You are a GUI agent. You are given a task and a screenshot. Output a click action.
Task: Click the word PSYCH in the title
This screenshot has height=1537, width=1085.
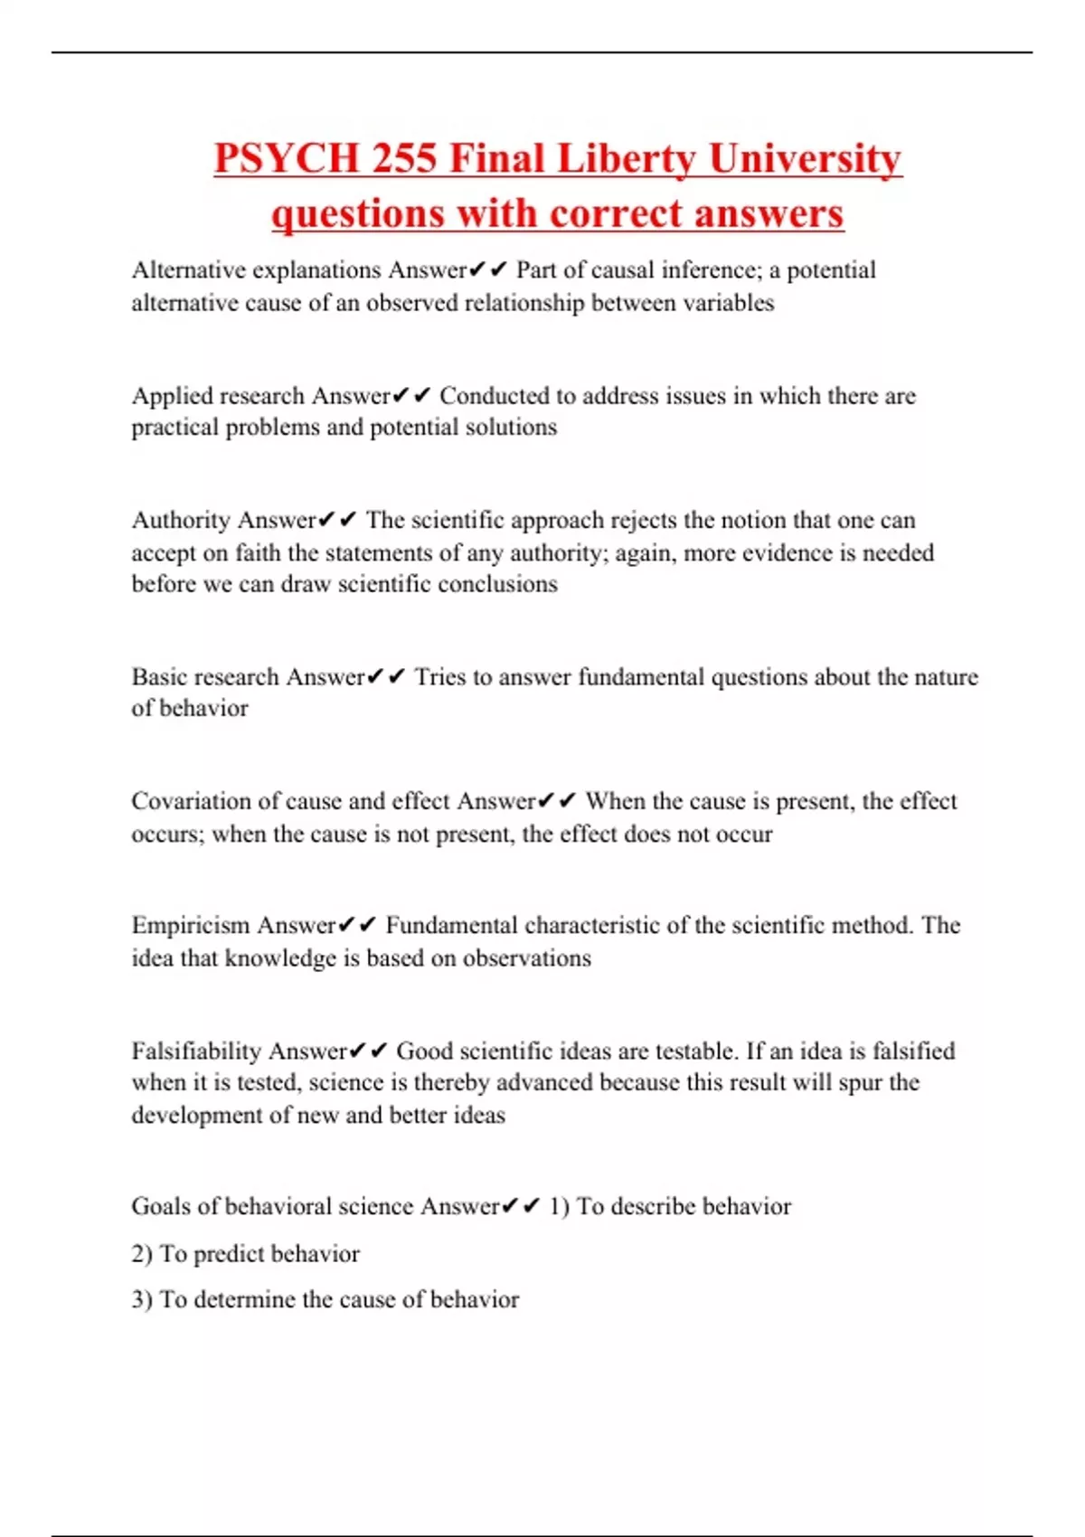coord(287,159)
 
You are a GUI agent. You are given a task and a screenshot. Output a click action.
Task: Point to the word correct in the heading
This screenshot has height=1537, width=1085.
coord(617,214)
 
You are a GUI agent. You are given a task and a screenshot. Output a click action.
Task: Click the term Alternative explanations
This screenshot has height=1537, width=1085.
coord(256,270)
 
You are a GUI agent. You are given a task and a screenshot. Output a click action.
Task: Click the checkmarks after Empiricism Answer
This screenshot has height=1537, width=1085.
coord(357,926)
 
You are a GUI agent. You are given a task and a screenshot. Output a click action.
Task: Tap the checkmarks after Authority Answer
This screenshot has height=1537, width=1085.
coord(337,521)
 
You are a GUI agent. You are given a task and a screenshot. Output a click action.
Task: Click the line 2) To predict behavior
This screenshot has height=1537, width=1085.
coord(245,1254)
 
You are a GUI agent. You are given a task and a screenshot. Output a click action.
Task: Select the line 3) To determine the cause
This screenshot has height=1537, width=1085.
coord(325,1300)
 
